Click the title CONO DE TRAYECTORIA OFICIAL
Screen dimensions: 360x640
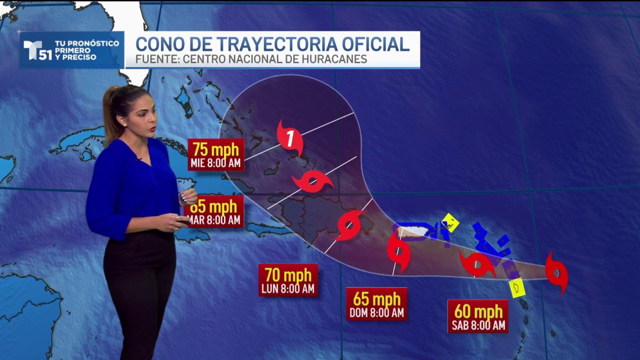pyautogui.click(x=273, y=43)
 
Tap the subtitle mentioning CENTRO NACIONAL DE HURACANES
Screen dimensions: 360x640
pyautogui.click(x=251, y=59)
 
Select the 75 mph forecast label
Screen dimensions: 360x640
pyautogui.click(x=216, y=154)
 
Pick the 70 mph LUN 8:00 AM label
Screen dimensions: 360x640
pyautogui.click(x=288, y=280)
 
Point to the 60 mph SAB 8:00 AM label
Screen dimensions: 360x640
pyautogui.click(x=477, y=316)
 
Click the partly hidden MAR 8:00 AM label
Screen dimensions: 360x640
pyautogui.click(x=215, y=211)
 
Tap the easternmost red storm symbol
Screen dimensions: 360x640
pyautogui.click(x=556, y=273)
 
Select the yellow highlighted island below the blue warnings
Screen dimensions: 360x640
pyautogui.click(x=517, y=287)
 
